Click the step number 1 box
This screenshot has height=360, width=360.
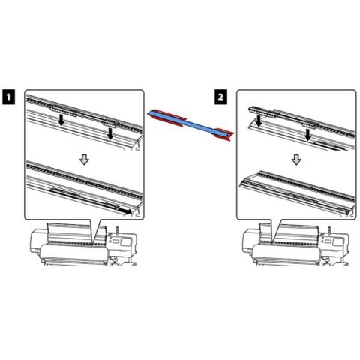point(8,97)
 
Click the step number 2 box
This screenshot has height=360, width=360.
point(220,97)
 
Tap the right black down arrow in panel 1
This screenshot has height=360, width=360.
point(110,133)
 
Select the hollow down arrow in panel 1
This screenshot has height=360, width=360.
point(84,159)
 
